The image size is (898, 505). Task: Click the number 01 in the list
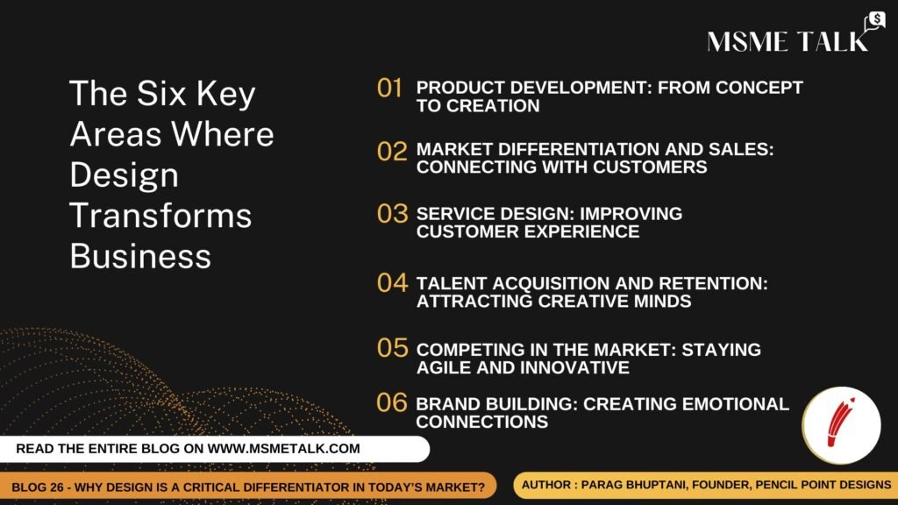389,89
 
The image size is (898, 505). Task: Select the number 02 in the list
392,151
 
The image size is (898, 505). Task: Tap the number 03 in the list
392,214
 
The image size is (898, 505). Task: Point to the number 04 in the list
392,282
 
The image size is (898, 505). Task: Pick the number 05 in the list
392,347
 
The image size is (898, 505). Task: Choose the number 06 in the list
392,402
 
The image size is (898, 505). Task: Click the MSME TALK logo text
788,42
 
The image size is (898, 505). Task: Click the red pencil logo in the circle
840,423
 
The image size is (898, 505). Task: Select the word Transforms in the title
160,216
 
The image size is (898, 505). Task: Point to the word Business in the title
140,256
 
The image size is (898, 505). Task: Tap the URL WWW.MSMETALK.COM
283,448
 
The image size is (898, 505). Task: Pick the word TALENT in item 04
452,283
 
